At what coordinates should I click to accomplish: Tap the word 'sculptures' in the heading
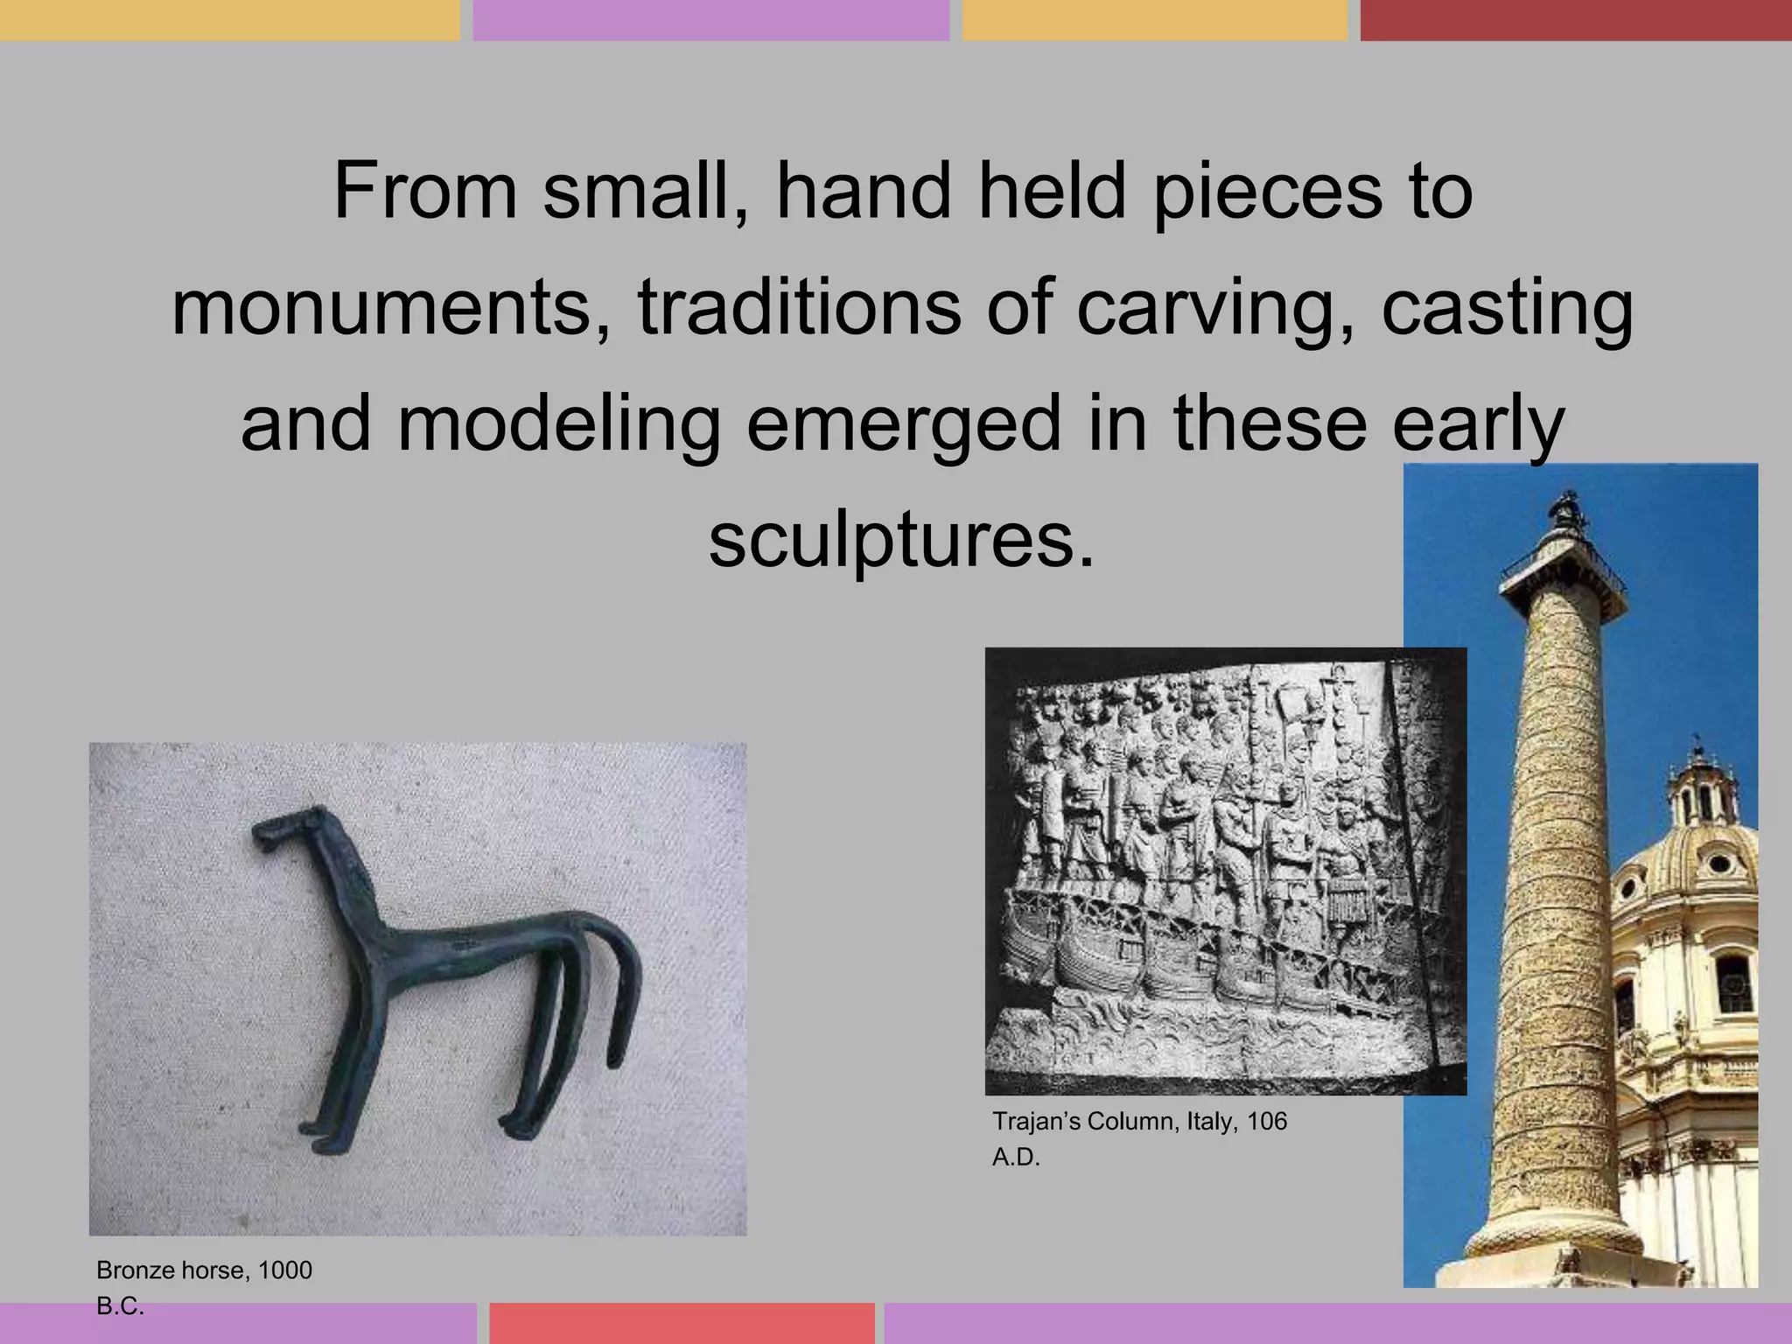(900, 539)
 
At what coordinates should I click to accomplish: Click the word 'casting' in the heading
(1507, 307)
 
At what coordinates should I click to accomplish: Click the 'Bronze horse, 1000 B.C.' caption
(204, 1286)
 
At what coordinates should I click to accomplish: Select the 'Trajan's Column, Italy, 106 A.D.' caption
(1139, 1138)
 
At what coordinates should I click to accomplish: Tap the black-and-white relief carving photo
(1225, 871)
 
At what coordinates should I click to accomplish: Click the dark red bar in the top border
(1575, 19)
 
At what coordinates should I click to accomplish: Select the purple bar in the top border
(710, 19)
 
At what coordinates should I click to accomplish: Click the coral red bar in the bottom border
(682, 1323)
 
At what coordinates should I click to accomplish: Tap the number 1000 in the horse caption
(285, 1270)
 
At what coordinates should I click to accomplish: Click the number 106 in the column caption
(1267, 1121)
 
